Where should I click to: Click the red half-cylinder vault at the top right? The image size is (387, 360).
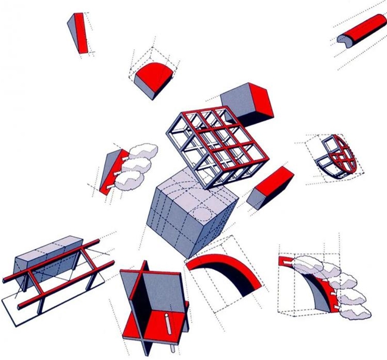point(362,30)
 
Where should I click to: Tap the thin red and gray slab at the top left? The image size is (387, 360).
point(80,33)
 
